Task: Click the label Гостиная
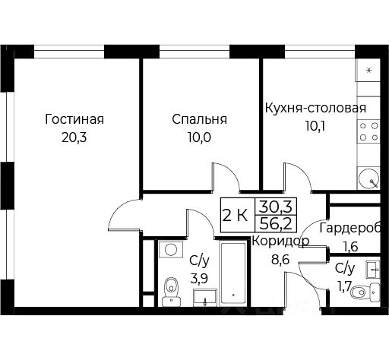[x=74, y=119]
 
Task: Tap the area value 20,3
[x=74, y=137]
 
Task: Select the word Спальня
[x=199, y=119]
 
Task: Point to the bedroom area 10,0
[x=199, y=137]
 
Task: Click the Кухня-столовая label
[x=315, y=108]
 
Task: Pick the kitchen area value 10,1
[x=315, y=126]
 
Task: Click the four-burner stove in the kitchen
[x=368, y=131]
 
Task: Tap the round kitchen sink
[x=368, y=178]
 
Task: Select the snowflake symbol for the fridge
[x=369, y=70]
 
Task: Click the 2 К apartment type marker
[x=235, y=216]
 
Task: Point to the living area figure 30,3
[x=275, y=207]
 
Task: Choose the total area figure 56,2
[x=275, y=224]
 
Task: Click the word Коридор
[x=280, y=241]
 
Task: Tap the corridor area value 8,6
[x=280, y=260]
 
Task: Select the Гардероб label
[x=350, y=228]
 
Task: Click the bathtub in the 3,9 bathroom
[x=233, y=273]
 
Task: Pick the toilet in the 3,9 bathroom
[x=172, y=292]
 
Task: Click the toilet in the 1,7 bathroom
[x=365, y=292]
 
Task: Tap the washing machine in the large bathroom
[x=171, y=250]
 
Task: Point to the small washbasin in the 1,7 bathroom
[x=373, y=270]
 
